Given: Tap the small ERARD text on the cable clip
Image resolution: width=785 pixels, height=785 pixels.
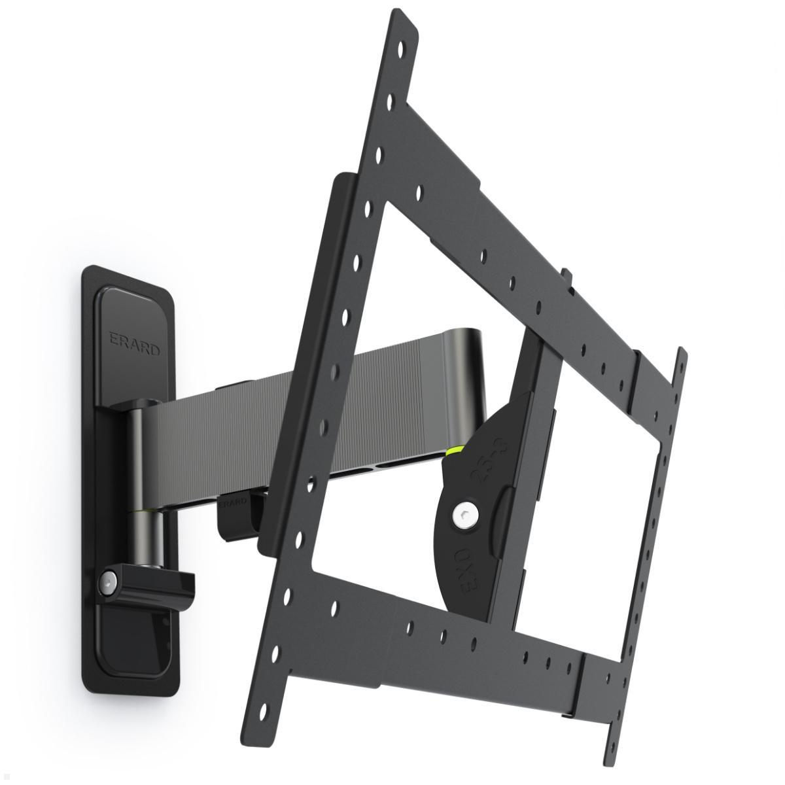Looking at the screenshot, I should pos(233,502).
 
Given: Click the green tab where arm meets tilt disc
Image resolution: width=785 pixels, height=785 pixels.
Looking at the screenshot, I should pos(453,451).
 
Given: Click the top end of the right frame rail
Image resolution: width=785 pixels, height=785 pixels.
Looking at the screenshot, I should pos(682,357).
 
